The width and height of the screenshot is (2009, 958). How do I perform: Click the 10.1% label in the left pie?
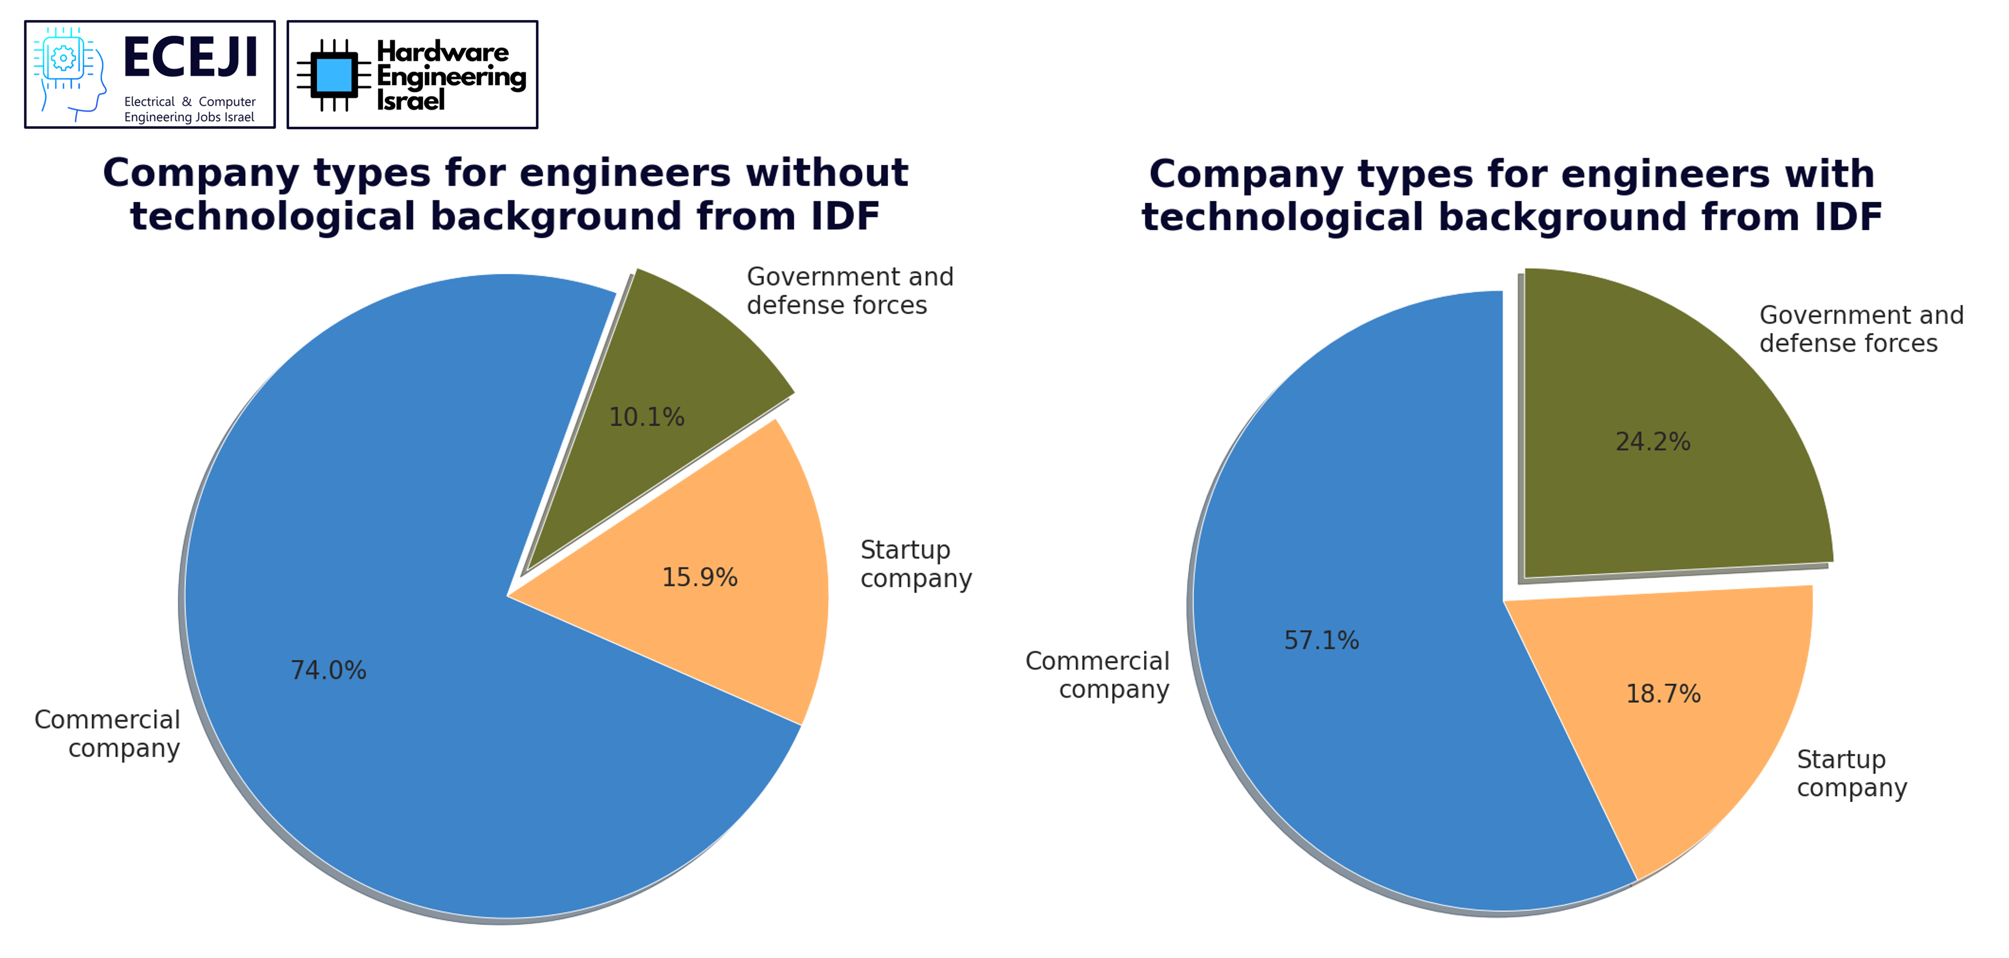click(x=646, y=418)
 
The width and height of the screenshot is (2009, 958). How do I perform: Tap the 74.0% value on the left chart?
click(x=328, y=670)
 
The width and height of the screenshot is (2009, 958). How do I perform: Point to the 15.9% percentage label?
click(x=700, y=577)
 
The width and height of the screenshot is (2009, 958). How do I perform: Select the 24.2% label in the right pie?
click(x=1653, y=442)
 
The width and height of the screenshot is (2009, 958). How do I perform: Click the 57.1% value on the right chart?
click(x=1321, y=640)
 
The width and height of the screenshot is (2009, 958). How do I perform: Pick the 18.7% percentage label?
click(x=1663, y=694)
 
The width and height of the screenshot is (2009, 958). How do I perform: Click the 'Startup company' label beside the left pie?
click(x=915, y=564)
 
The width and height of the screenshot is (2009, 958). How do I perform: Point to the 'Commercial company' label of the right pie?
click(x=1097, y=675)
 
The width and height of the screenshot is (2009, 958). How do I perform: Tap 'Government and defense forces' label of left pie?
click(x=850, y=291)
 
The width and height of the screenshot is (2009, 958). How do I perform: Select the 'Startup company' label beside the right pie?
click(x=1851, y=773)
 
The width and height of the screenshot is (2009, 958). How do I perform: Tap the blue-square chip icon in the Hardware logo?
click(x=334, y=75)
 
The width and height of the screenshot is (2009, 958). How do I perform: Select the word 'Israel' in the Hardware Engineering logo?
click(x=410, y=100)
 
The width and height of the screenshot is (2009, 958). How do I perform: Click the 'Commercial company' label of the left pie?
click(x=108, y=733)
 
